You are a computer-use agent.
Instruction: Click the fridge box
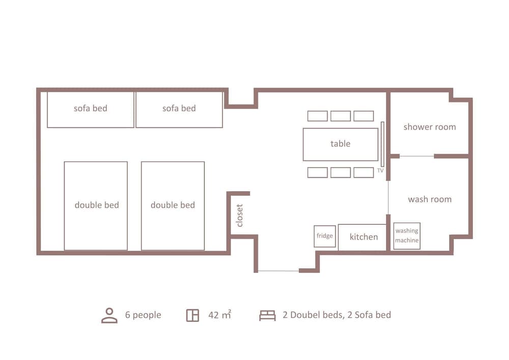(325, 236)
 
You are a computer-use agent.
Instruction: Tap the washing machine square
(407, 236)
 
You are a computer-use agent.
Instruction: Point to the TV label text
(380, 171)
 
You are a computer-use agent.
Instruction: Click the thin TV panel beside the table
(382, 144)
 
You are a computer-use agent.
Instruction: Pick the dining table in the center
(341, 144)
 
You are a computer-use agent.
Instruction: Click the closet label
(240, 215)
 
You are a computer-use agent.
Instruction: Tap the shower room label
(430, 127)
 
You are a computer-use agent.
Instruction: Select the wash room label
(430, 199)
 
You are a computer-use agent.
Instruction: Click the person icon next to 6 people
(109, 315)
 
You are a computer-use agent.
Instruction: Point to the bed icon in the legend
(267, 315)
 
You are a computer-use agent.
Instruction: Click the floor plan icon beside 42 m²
(192, 315)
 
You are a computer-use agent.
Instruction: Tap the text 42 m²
(219, 315)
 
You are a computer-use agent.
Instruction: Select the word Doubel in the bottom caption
(305, 315)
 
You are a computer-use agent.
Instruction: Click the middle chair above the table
(341, 116)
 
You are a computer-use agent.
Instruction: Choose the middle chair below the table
(341, 173)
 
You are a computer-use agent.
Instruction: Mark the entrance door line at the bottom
(278, 271)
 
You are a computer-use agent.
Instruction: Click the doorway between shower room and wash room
(416, 156)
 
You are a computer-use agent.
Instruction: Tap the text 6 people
(143, 315)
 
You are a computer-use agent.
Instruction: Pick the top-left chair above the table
(317, 116)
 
